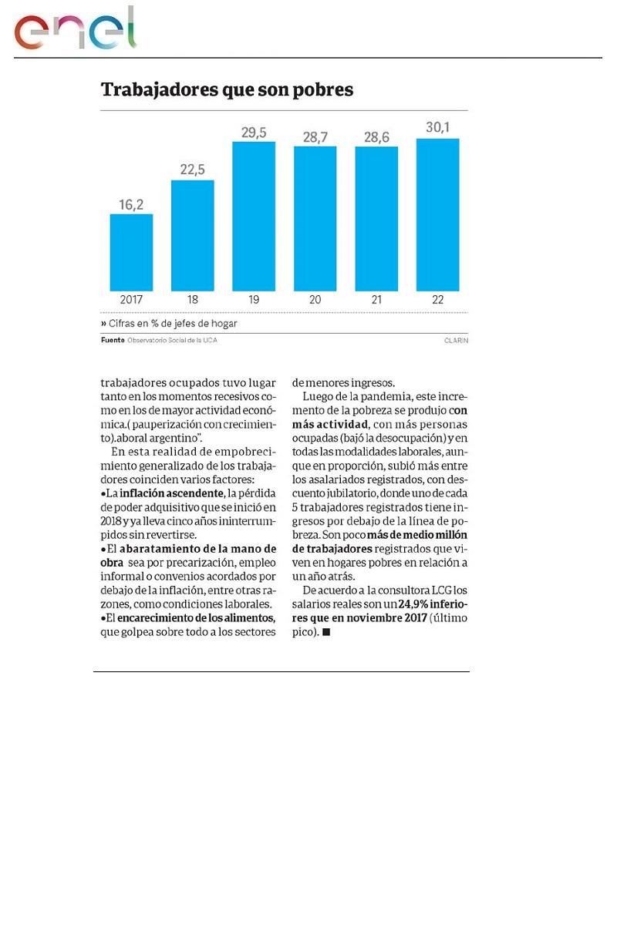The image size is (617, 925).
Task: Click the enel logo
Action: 75,30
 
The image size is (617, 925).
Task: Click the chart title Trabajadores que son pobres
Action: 227,90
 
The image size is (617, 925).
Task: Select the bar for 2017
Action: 131,252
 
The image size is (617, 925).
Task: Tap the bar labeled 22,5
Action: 192,235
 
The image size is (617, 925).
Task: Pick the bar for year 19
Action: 254,216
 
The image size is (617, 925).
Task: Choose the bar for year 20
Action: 315,218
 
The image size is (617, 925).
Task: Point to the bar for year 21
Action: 376,218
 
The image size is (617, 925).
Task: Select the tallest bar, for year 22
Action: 437,214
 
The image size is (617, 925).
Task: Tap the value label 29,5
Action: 254,133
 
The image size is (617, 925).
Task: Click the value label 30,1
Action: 437,129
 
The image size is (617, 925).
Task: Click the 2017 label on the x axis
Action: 131,299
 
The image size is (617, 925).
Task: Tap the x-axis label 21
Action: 376,299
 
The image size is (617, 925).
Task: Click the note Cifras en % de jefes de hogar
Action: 169,324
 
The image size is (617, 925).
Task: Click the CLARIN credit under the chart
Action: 456,341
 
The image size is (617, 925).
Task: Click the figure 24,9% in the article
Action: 416,604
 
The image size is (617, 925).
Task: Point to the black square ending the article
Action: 326,632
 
